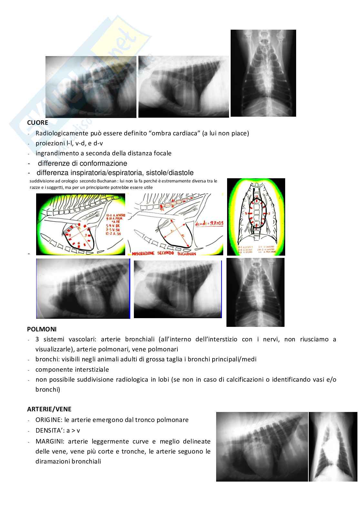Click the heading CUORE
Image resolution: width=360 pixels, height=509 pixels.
click(x=37, y=122)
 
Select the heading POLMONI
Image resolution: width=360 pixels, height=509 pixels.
click(x=42, y=329)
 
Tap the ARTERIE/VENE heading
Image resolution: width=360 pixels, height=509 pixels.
click(x=49, y=409)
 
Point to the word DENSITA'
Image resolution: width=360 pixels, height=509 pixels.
click(x=50, y=430)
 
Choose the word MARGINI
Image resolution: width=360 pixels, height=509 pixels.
click(x=49, y=441)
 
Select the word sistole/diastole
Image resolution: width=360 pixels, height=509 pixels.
click(x=170, y=172)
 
